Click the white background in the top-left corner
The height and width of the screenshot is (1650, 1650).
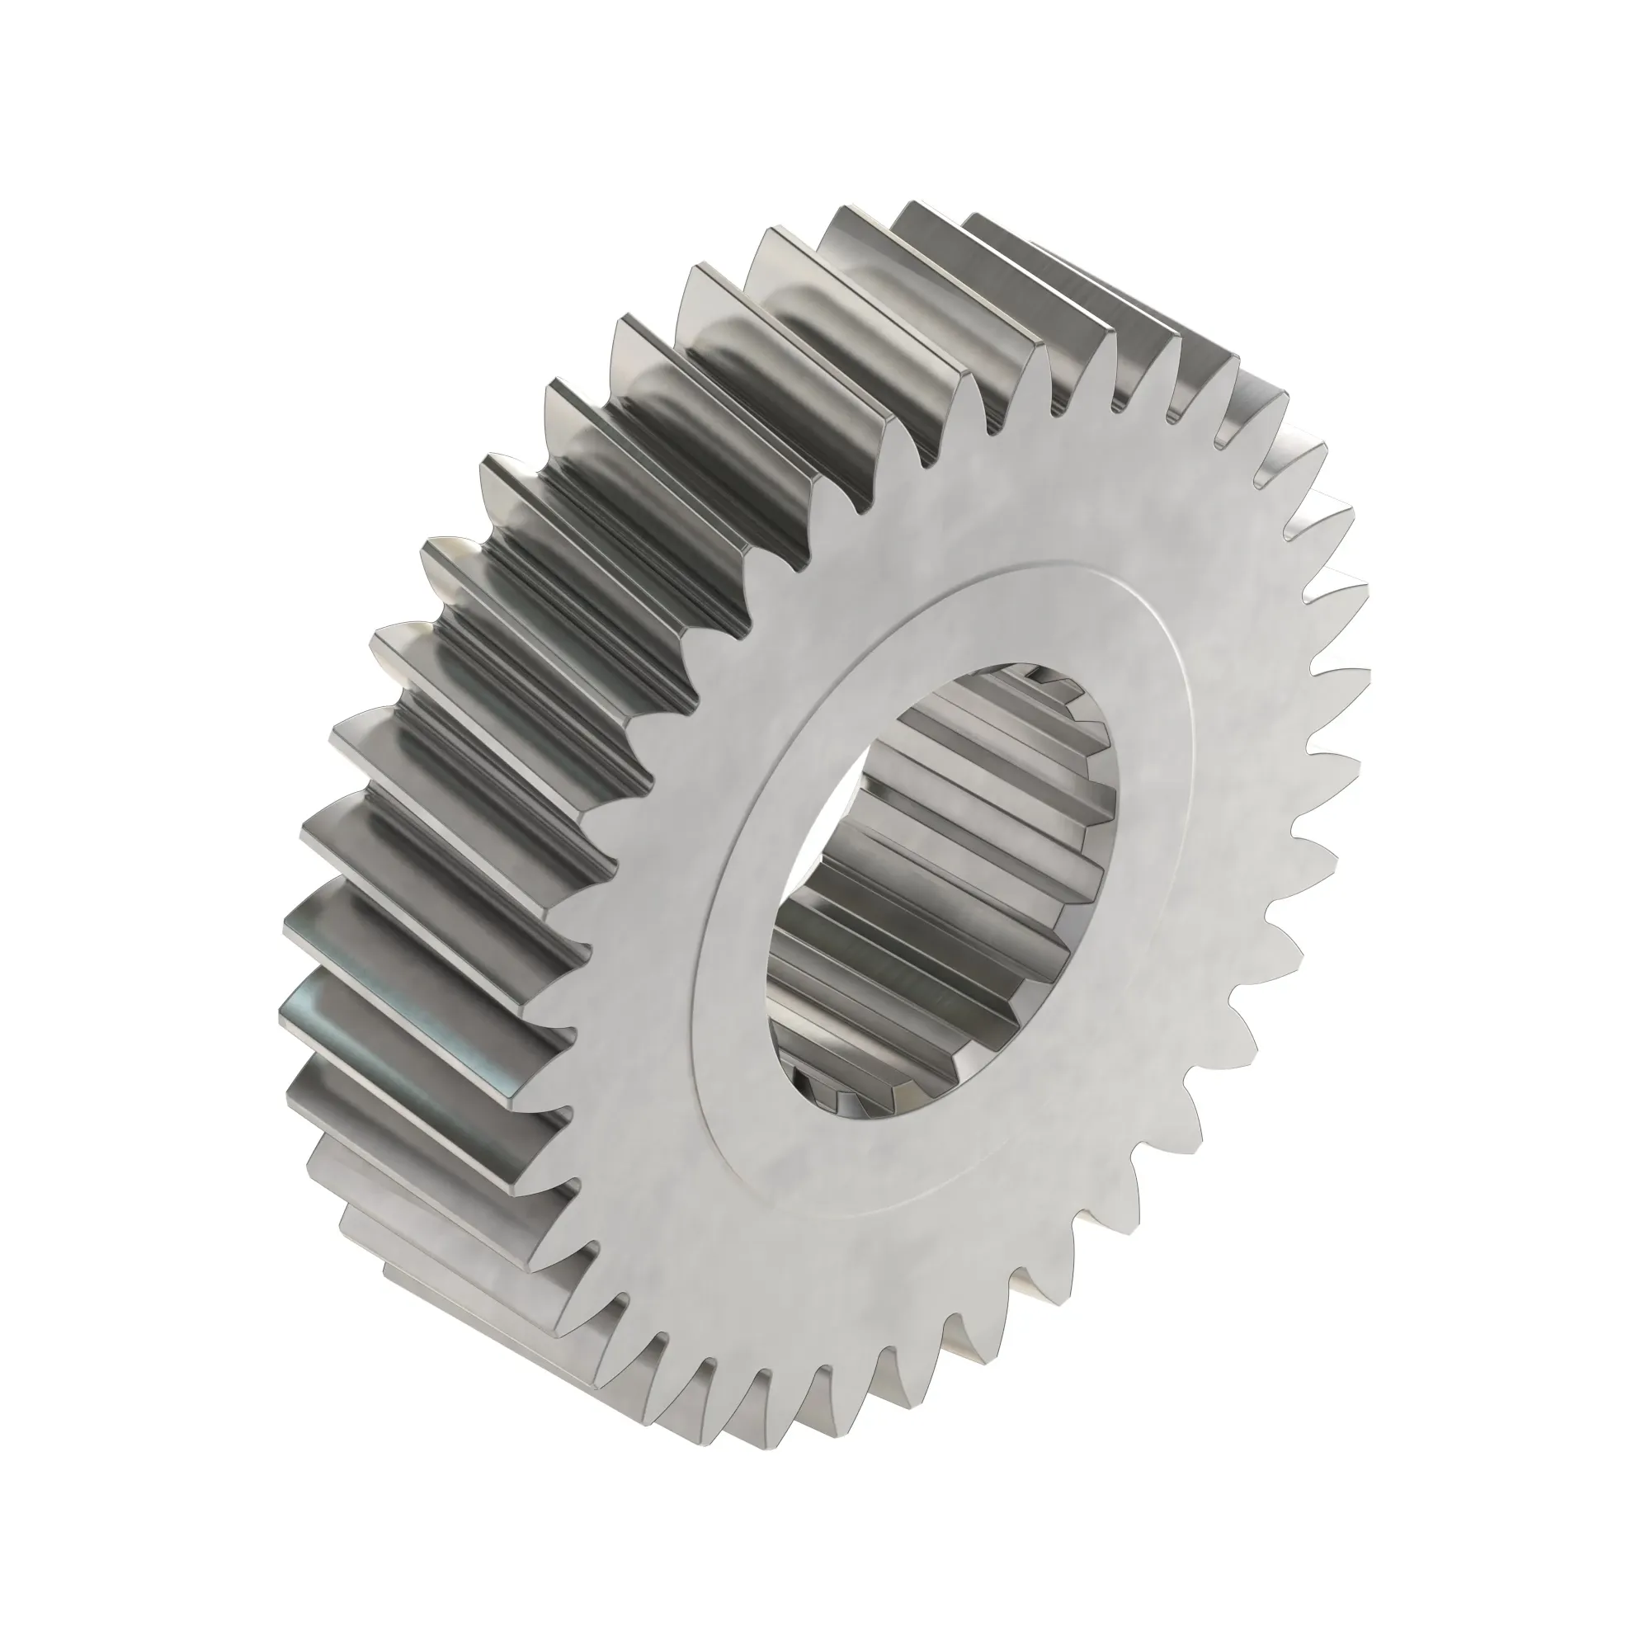pos(128,128)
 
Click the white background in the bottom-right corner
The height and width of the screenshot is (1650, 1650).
pos(1520,1520)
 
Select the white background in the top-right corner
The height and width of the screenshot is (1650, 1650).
pos(1520,128)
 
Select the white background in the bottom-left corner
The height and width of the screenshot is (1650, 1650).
pos(128,1520)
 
